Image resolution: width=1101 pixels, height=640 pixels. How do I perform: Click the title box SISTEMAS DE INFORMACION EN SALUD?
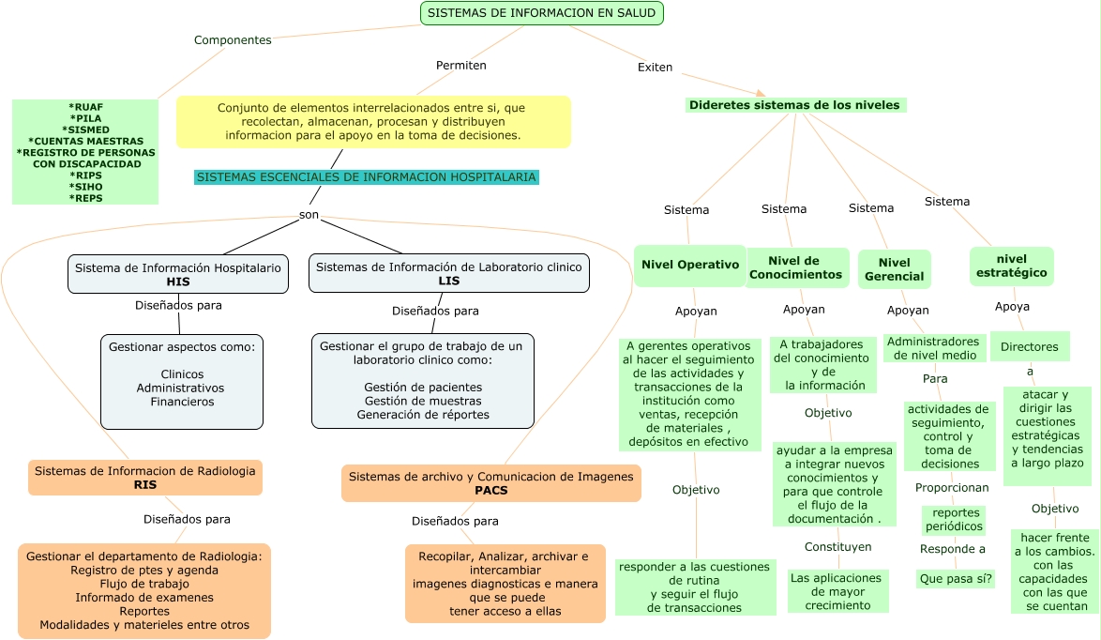click(x=542, y=13)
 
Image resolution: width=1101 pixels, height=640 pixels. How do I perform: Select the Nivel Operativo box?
click(x=689, y=265)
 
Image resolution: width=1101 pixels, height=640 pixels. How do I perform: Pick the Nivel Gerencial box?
click(x=894, y=269)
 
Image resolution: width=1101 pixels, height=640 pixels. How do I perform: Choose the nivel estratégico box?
click(x=1011, y=266)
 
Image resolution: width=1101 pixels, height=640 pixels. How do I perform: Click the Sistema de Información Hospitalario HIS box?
click(x=178, y=274)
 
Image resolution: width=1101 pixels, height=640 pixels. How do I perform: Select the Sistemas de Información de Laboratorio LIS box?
click(x=448, y=273)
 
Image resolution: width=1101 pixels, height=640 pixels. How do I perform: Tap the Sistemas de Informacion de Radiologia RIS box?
click(x=144, y=478)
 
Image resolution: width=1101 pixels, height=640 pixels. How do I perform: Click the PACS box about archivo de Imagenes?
click(x=490, y=483)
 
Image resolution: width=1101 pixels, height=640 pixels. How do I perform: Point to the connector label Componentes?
click(x=233, y=40)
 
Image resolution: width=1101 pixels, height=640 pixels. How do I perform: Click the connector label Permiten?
click(x=460, y=66)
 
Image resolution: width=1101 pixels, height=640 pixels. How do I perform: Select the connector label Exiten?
click(x=655, y=68)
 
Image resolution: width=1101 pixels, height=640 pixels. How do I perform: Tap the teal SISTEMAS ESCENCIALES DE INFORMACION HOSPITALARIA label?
click(x=367, y=176)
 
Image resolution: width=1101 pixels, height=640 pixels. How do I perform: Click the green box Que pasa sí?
click(x=955, y=579)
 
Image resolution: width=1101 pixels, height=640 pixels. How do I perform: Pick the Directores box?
click(x=1029, y=347)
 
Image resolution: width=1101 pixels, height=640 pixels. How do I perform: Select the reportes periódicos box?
click(x=955, y=520)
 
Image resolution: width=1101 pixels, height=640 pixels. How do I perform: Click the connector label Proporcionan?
click(x=952, y=488)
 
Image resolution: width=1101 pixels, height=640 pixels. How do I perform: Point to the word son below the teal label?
click(x=309, y=215)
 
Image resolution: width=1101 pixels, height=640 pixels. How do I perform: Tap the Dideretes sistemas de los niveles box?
click(x=795, y=105)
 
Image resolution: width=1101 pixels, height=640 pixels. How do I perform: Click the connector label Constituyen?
click(x=837, y=547)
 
